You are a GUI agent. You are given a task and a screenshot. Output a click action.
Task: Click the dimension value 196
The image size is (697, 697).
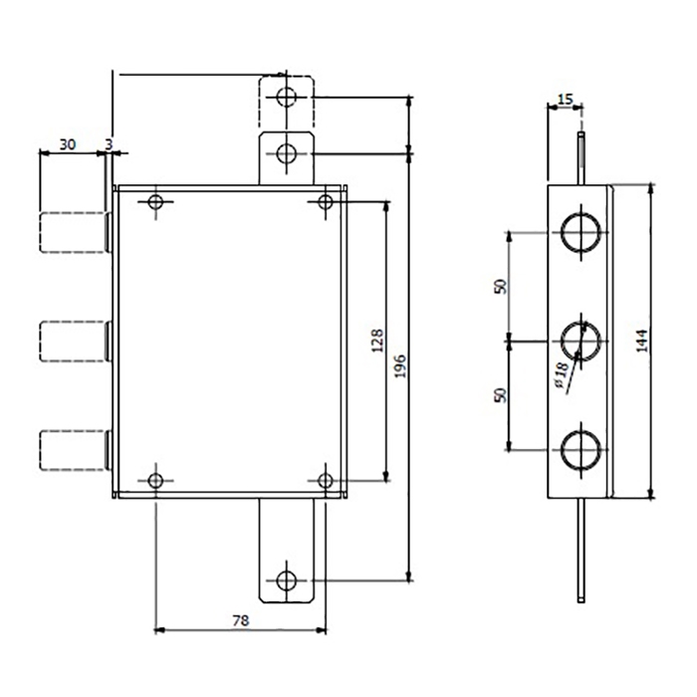400,365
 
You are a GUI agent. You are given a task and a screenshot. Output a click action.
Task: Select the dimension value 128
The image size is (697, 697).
377,341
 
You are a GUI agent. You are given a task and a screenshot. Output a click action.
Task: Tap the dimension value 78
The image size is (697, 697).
241,620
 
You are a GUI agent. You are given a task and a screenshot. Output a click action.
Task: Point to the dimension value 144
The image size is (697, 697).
641,341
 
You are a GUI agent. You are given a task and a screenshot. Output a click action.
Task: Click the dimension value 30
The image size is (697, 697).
68,144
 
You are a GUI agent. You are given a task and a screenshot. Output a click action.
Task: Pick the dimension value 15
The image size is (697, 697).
566,100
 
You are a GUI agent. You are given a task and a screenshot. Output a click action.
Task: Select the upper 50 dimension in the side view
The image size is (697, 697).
500,287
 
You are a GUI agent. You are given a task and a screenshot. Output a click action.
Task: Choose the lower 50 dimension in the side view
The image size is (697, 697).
500,395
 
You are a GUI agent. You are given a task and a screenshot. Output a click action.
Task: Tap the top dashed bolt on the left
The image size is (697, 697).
75,233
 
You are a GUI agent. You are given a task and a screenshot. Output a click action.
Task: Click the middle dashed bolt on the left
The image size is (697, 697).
75,342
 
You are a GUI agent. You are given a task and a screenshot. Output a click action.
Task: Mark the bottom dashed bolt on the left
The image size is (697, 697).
75,450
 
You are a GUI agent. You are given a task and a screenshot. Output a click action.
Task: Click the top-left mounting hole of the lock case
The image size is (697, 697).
155,202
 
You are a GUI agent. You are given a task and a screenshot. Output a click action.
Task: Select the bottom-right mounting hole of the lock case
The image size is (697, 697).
326,481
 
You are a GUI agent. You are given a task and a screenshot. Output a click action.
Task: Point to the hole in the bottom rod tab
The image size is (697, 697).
287,581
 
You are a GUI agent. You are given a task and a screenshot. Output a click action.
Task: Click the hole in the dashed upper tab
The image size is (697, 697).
287,97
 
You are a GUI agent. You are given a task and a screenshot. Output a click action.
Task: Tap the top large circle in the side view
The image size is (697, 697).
581,232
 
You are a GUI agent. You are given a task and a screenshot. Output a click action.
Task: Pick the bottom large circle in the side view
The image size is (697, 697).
581,450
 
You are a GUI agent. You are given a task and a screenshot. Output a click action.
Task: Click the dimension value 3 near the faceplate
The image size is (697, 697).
109,144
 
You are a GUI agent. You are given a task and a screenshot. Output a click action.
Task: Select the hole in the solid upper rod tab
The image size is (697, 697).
287,153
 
